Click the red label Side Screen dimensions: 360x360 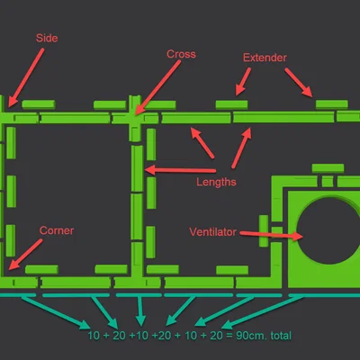coord(47,38)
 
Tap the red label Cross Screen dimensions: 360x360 coord(181,54)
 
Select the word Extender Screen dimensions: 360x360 coord(265,58)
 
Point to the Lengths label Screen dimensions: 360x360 coord(216,182)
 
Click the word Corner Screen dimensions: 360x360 coord(57,230)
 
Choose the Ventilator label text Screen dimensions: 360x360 coord(212,232)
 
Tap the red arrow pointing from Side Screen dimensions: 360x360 coord(26,77)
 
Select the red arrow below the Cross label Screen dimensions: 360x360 coord(157,87)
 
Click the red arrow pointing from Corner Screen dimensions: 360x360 coord(25,254)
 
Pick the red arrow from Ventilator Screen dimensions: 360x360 coord(271,235)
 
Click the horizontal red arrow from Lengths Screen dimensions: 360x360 coord(180,170)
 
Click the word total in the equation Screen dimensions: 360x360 coord(281,336)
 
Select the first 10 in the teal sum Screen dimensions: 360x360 coord(94,336)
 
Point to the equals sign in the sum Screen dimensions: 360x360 coord(229,336)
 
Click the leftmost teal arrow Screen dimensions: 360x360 coord(56,312)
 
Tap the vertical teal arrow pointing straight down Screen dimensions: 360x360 coord(140,311)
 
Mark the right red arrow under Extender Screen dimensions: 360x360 coord(299,83)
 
